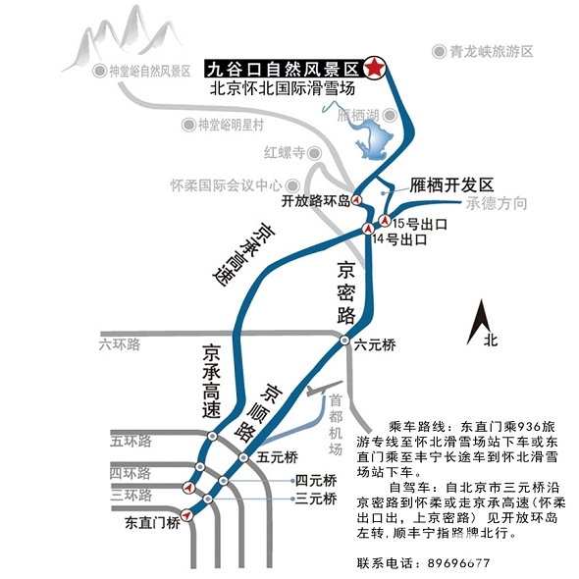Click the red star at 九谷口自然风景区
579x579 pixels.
[x=375, y=68]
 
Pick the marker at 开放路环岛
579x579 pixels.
[x=356, y=200]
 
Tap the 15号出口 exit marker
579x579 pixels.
[x=385, y=221]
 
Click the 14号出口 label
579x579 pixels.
[x=399, y=239]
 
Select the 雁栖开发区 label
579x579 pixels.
[x=451, y=184]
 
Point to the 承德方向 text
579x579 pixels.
[x=497, y=203]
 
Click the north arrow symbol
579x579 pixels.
[x=479, y=322]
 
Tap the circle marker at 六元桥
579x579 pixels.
[x=344, y=341]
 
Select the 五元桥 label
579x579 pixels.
[x=278, y=457]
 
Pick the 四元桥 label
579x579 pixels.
[x=316, y=481]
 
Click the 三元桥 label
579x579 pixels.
[x=316, y=499]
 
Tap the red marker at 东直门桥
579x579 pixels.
[x=187, y=514]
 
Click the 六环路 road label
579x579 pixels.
[x=120, y=344]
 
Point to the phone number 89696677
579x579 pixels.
[x=458, y=563]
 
